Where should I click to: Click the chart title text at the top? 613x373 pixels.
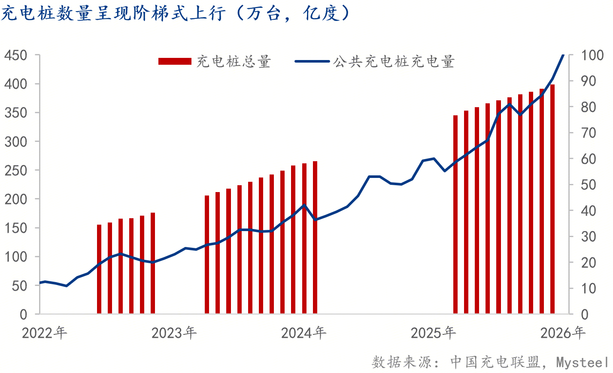click(176, 14)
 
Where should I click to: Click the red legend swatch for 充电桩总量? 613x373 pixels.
click(175, 61)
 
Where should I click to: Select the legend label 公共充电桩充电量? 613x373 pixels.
click(394, 61)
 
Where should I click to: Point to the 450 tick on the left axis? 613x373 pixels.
click(15, 55)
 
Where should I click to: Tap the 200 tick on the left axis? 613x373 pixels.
click(15, 199)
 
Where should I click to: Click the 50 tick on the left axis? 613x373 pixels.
click(19, 286)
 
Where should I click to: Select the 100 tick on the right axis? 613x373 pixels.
click(592, 55)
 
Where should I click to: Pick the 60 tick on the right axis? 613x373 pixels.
click(589, 159)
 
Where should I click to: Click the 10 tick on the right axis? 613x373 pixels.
click(589, 289)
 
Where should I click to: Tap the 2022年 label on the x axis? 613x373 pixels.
click(44, 333)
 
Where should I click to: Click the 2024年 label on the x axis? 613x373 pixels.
click(303, 333)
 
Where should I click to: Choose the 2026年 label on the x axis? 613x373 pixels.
click(563, 333)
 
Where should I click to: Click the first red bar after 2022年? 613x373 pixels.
click(99, 269)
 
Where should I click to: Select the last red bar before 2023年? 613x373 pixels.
click(153, 263)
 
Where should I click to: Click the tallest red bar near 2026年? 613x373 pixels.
click(552, 199)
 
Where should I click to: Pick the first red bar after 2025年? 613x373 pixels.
click(455, 214)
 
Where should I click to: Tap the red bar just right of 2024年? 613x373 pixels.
click(315, 238)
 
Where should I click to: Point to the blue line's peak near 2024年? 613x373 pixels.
click(304, 205)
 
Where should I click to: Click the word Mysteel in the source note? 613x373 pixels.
click(582, 362)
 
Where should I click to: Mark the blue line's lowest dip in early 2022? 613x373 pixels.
click(66, 286)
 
